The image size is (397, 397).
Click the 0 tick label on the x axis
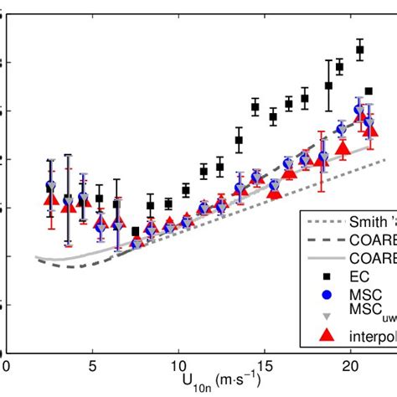click(7, 366)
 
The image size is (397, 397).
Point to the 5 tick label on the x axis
click(92, 366)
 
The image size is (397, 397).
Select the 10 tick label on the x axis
click(178, 366)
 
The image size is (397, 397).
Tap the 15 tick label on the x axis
click(265, 366)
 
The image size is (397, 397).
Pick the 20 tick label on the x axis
click(351, 366)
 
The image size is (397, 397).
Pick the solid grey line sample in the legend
click(330, 258)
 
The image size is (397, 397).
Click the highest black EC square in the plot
click(360, 50)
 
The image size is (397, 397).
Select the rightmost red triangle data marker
click(370, 131)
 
